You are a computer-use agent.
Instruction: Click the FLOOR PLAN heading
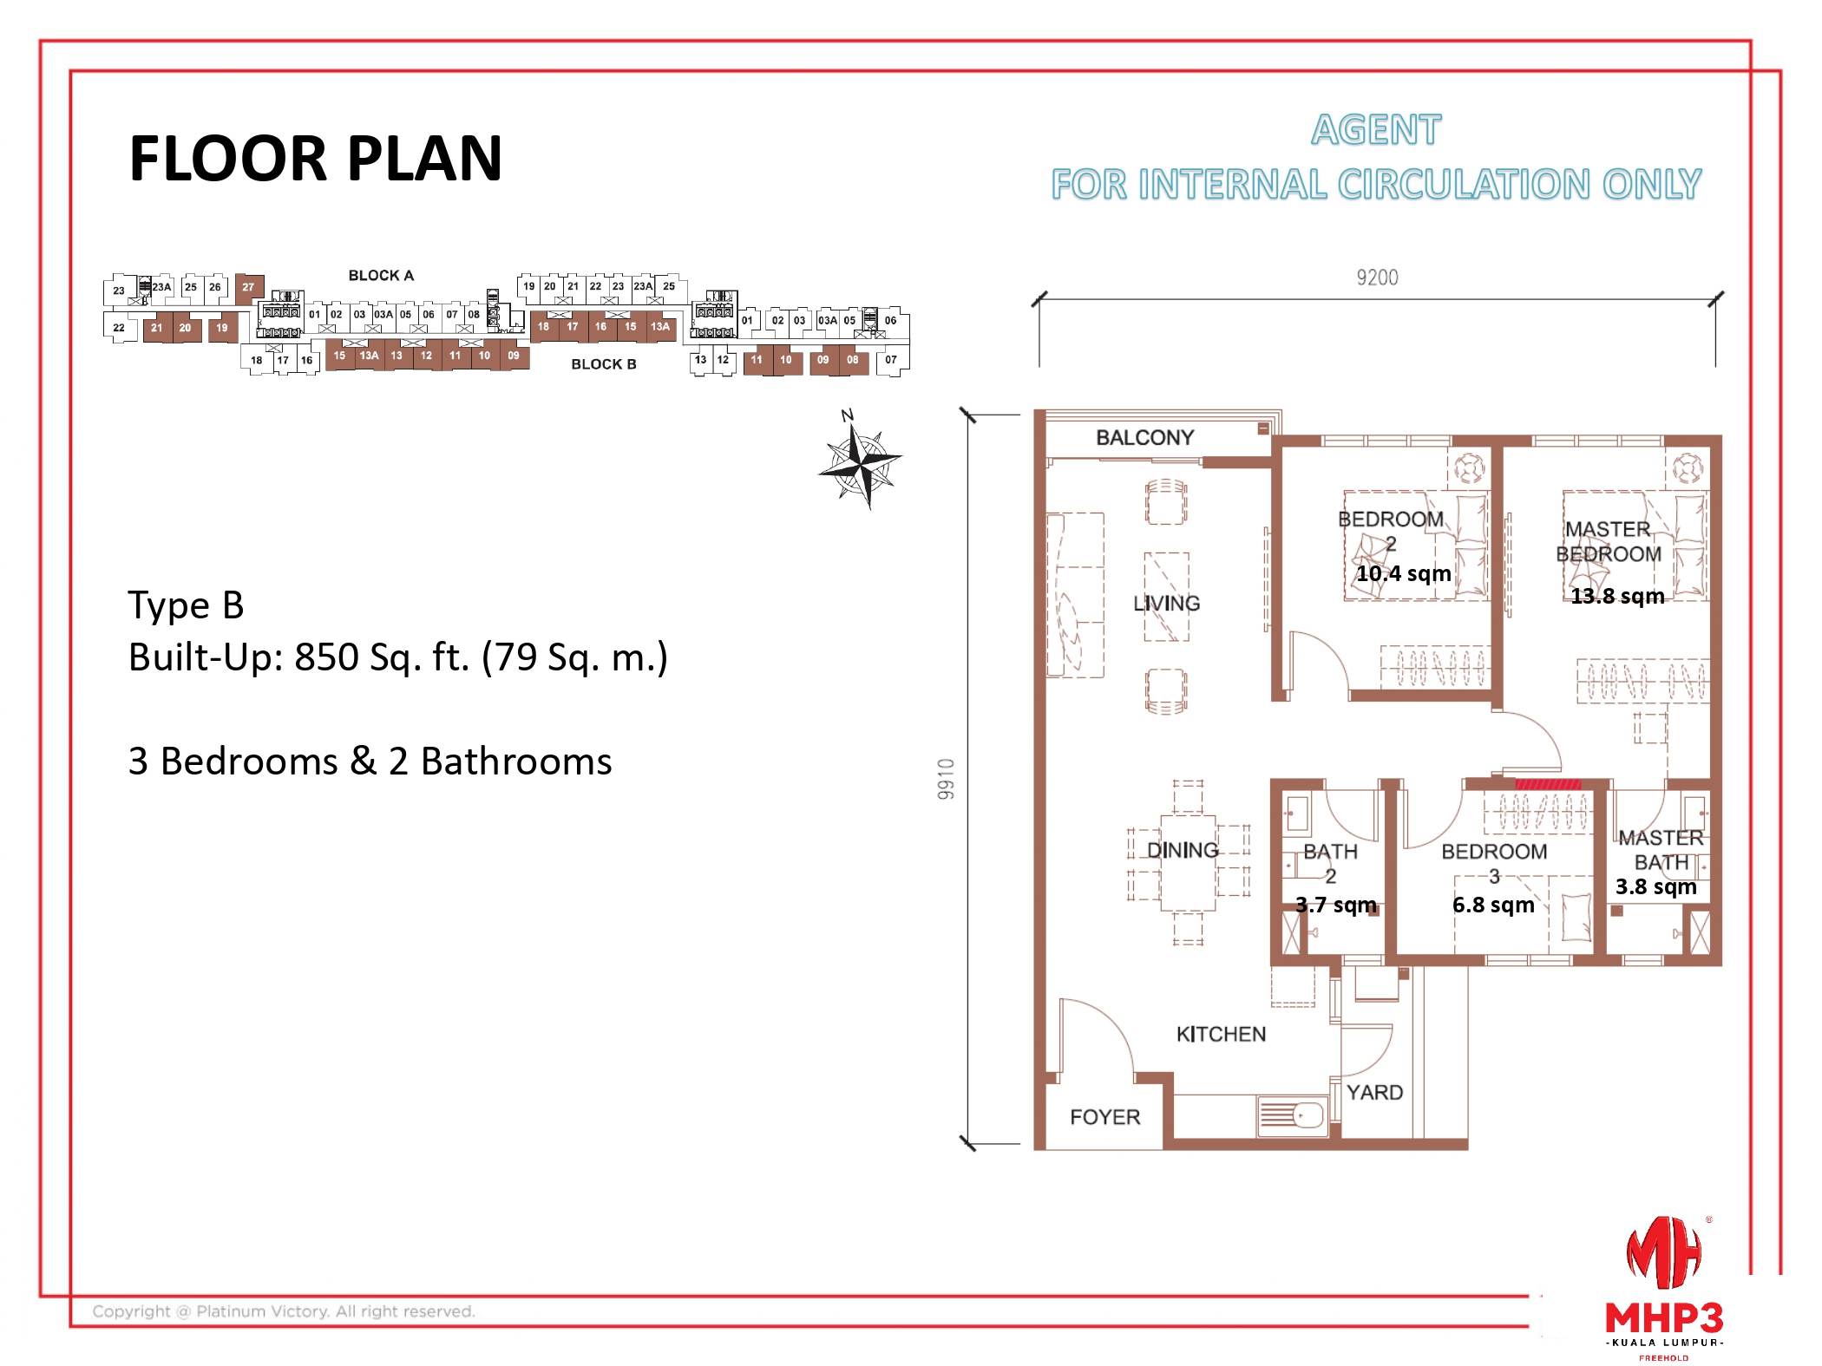coord(315,159)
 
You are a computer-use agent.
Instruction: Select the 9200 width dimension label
coord(1377,278)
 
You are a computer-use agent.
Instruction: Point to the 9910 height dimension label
coord(946,778)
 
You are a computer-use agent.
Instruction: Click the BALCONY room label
coord(1144,437)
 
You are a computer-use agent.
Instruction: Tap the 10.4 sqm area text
coord(1403,573)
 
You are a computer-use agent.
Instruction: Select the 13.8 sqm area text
coord(1617,596)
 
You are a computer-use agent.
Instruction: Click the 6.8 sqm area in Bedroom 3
coord(1493,905)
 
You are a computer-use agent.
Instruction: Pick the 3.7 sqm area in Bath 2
coord(1335,905)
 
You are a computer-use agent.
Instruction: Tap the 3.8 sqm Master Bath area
coord(1655,886)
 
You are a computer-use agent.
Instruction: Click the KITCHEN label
coord(1221,1034)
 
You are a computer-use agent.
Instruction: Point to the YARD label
coord(1374,1092)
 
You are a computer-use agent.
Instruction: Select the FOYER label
coord(1104,1117)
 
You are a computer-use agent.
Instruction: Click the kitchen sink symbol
coord(1293,1116)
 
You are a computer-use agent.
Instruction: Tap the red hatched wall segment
coord(1547,784)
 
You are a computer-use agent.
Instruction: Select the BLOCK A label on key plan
coord(381,276)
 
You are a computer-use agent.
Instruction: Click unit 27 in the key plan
coord(248,287)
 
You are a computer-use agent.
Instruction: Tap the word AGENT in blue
coord(1375,130)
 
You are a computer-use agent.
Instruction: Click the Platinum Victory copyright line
coord(284,1311)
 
